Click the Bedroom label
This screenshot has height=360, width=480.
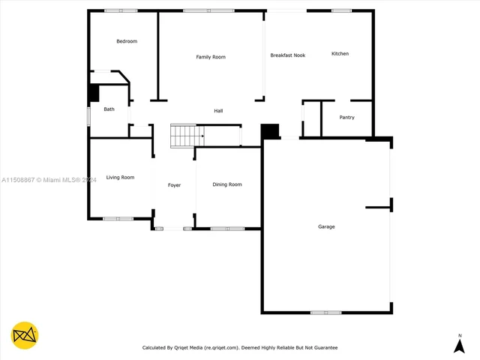click(127, 41)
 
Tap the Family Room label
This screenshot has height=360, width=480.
click(211, 57)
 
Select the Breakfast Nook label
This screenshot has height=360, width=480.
click(288, 55)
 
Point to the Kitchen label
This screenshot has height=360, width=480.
click(340, 54)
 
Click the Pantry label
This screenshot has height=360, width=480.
click(346, 117)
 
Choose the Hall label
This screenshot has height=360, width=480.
click(218, 111)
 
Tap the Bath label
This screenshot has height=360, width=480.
click(109, 109)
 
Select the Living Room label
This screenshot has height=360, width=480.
click(120, 177)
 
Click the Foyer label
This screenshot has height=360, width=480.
click(174, 184)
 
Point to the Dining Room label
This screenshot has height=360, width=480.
click(227, 184)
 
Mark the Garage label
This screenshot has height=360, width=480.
click(326, 226)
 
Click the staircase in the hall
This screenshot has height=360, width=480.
click(187, 136)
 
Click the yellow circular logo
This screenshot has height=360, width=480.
click(25, 335)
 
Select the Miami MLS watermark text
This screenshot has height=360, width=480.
click(49, 180)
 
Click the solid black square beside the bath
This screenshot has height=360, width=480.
click(94, 93)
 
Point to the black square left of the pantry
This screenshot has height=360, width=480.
click(270, 131)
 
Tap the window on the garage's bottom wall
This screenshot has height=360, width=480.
click(326, 312)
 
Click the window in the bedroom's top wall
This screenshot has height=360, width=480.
click(121, 10)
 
